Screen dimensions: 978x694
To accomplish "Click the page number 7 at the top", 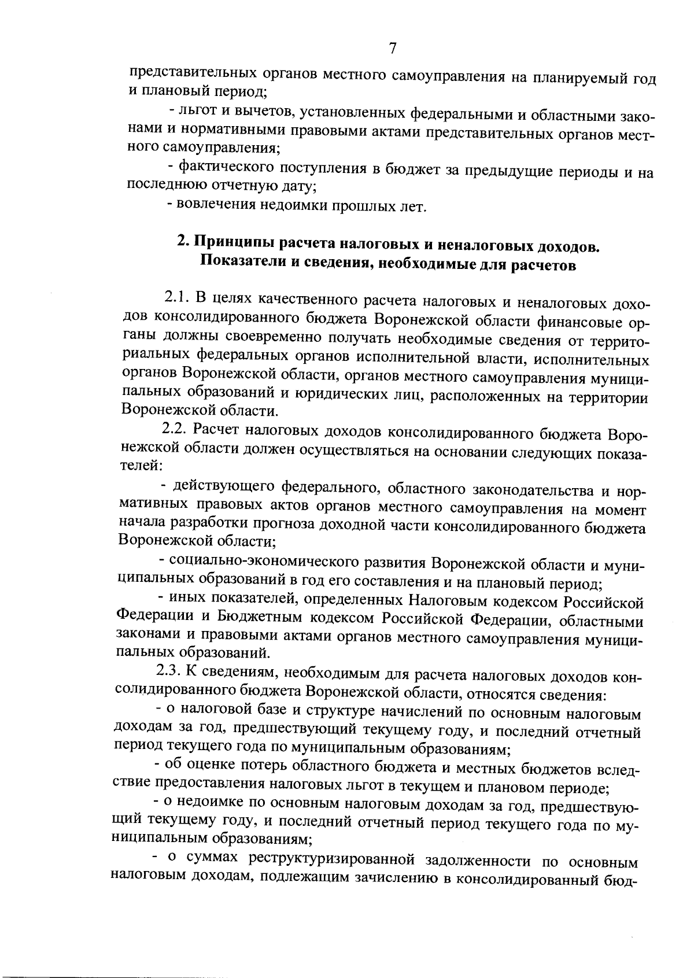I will pos(392,48).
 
